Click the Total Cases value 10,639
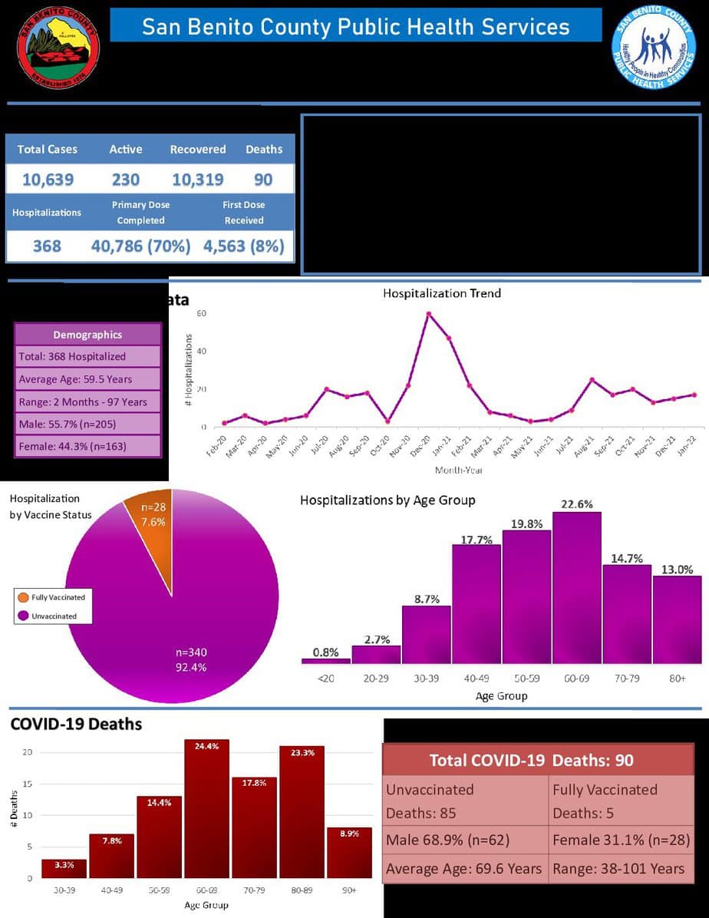tap(48, 180)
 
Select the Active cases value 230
tap(125, 180)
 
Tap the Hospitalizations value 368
tap(47, 246)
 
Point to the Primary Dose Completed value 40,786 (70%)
tap(140, 246)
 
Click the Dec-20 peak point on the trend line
tap(429, 313)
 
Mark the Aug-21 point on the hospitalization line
tap(592, 380)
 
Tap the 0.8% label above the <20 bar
tap(326, 652)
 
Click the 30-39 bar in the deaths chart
tap(64, 869)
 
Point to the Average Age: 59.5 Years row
tap(87, 378)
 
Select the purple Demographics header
tap(87, 335)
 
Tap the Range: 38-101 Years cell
tap(620, 869)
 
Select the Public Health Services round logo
tap(654, 46)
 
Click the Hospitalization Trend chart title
tap(442, 293)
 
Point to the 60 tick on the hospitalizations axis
tap(201, 313)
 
